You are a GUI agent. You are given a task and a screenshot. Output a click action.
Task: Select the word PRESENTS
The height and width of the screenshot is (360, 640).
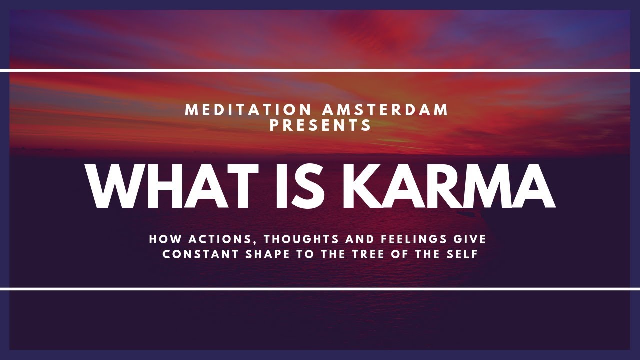point(321,125)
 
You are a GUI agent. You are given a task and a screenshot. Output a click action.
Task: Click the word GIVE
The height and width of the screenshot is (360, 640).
point(470,240)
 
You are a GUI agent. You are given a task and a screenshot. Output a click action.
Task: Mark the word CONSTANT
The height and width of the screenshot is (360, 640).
point(201,254)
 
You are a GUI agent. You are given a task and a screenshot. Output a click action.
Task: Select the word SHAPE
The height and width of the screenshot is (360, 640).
point(270,254)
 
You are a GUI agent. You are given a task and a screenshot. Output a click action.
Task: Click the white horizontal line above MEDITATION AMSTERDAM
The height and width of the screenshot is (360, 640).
point(320,70)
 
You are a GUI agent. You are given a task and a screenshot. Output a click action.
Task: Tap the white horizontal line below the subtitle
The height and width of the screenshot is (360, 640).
point(320,289)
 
